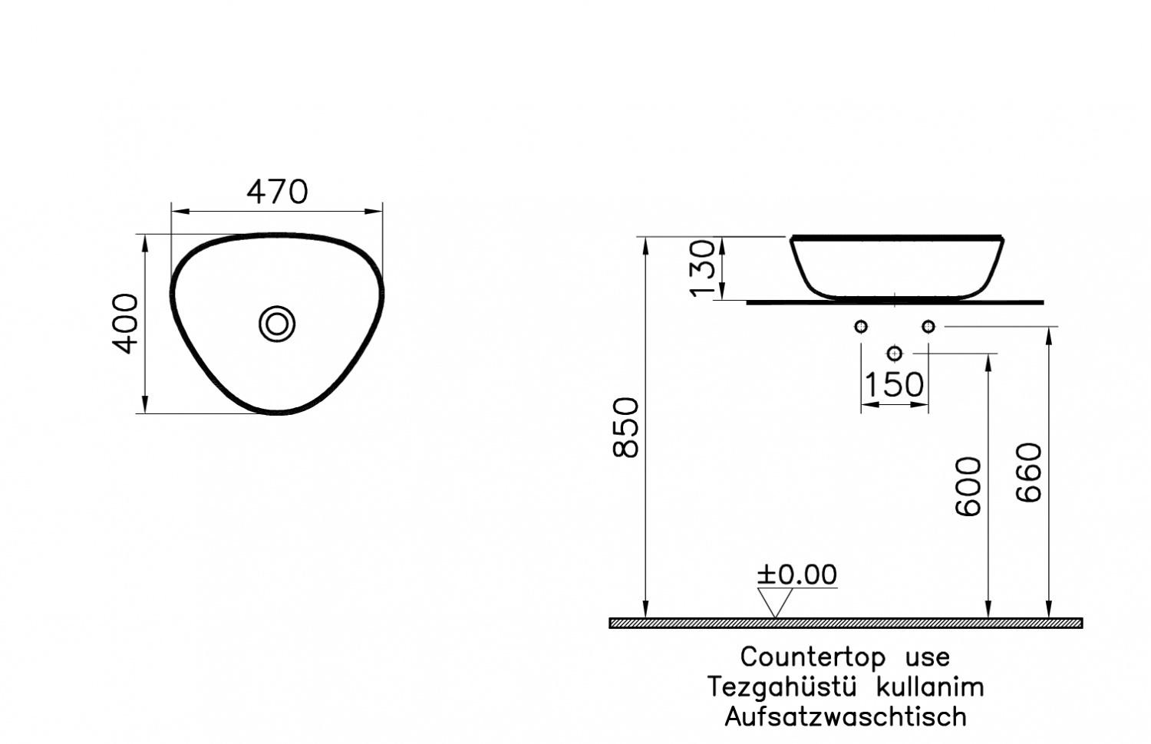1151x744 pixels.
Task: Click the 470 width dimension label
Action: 277,192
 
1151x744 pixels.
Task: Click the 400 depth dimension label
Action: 127,323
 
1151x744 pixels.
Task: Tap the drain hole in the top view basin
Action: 277,324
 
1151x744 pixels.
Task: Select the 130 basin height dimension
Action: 704,268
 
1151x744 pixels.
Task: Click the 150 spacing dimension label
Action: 894,384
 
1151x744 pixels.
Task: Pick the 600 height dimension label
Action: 968,486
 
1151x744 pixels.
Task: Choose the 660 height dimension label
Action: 1030,472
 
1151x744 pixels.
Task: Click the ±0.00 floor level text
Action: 796,574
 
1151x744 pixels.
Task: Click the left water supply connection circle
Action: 861,327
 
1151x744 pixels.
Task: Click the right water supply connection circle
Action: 928,327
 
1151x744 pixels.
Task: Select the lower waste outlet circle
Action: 895,353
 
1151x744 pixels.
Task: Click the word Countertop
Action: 813,657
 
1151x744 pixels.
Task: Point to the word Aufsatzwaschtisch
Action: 846,716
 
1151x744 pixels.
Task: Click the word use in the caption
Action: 928,657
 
